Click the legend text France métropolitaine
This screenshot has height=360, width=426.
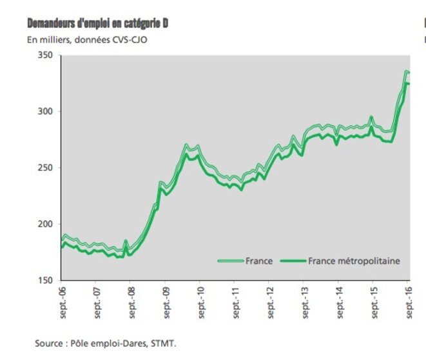pos(354,261)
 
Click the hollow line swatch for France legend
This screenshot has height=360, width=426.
pos(230,261)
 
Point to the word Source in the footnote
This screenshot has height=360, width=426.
pos(48,343)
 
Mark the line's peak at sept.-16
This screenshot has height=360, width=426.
pos(407,72)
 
